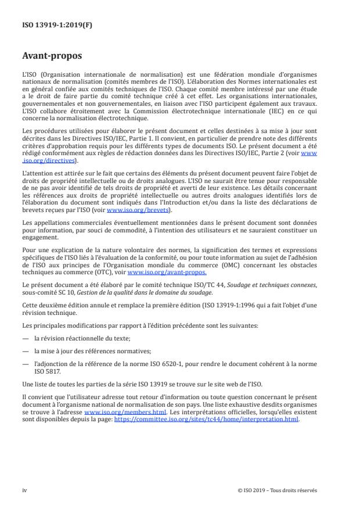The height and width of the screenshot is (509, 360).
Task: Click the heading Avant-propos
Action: (53, 57)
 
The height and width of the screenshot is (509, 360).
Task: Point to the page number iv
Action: (24, 490)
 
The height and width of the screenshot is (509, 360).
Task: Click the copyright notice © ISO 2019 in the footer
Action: (278, 490)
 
